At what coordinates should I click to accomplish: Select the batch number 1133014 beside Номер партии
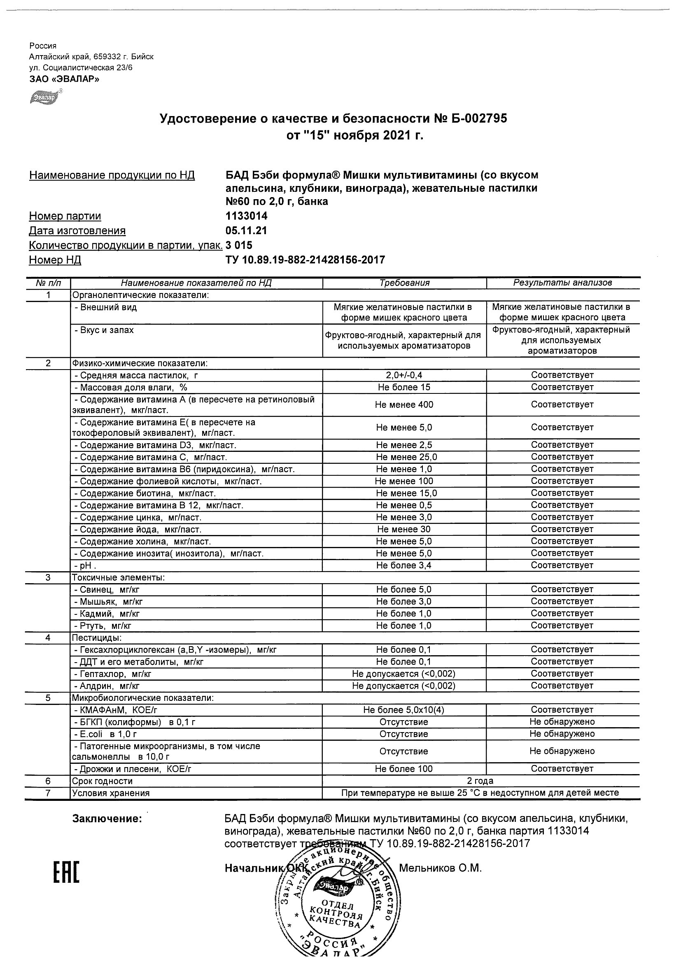[x=246, y=216]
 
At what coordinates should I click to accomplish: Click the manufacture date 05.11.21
[x=246, y=231]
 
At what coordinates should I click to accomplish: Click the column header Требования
[x=404, y=283]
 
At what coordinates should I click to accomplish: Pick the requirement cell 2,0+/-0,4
[x=404, y=375]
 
